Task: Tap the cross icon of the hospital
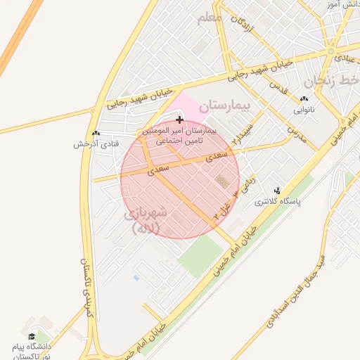180,120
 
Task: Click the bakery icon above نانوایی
304,99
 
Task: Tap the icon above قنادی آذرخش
96,133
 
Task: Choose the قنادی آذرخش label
96,144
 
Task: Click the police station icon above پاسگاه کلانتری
276,190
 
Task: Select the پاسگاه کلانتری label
276,201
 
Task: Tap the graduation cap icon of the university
31,336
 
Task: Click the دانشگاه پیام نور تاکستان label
31,352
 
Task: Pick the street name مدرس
297,134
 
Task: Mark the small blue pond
136,278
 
